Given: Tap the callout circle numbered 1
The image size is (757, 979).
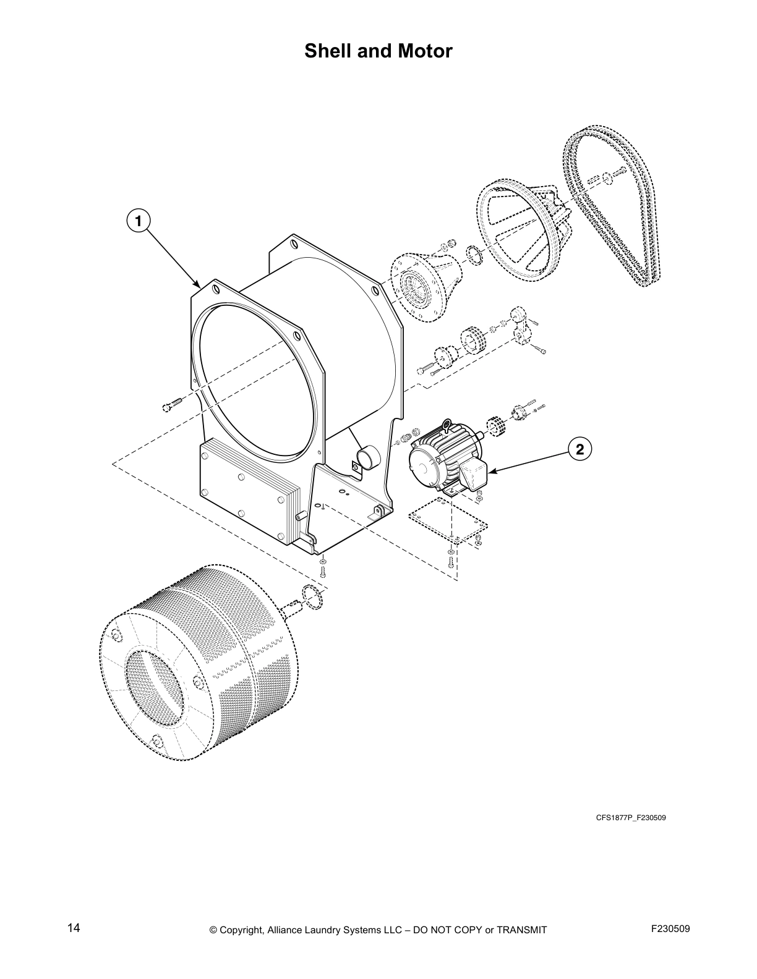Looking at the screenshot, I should [139, 220].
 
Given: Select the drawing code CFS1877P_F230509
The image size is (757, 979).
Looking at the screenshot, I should [630, 818].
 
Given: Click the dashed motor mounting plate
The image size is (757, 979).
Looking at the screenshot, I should [447, 522].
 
